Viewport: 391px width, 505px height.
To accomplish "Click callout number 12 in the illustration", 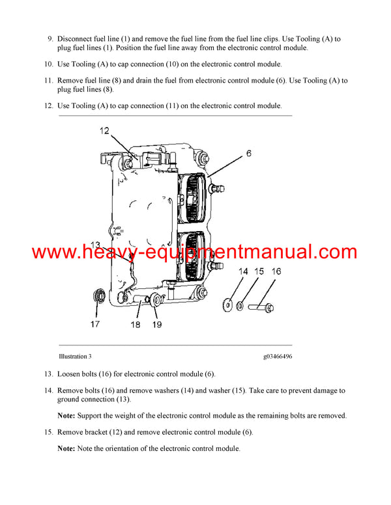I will [105, 131].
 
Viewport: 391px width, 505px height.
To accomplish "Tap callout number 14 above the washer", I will [243, 271].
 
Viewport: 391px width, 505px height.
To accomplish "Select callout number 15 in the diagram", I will [259, 271].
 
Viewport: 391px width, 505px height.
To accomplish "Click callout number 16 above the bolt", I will [276, 271].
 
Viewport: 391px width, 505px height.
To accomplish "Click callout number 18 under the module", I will [136, 323].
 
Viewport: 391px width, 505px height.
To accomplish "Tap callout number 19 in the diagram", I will [156, 323].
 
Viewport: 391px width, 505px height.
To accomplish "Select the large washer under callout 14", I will [228, 302].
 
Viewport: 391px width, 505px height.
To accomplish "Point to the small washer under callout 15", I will [241, 303].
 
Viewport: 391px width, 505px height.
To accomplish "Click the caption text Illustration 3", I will [75, 356].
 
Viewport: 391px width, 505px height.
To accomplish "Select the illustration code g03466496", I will [278, 356].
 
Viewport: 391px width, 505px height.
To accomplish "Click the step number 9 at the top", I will [50, 39].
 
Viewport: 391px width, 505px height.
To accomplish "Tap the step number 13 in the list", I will [48, 374].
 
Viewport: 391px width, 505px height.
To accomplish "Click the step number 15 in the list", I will [48, 432].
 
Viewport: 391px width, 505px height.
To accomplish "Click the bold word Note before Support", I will [66, 415].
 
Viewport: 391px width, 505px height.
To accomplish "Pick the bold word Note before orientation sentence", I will [66, 448].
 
